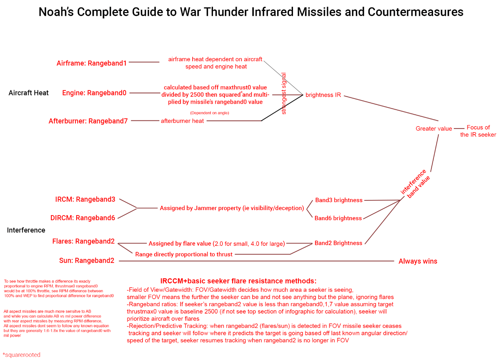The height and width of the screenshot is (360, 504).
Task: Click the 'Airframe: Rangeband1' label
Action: [x=92, y=63]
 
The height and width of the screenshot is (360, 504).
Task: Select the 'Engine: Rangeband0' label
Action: [x=94, y=93]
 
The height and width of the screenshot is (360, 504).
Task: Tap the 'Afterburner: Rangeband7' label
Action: [x=88, y=121]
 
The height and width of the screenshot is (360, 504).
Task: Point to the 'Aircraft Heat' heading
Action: [x=29, y=93]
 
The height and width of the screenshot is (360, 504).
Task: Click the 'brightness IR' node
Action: [x=323, y=95]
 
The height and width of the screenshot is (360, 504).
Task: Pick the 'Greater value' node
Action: [x=433, y=128]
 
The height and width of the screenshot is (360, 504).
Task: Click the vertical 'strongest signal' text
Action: [x=284, y=93]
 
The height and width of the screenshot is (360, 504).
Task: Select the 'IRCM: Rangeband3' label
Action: [x=85, y=199]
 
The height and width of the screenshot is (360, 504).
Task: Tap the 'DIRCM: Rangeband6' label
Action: [x=83, y=218]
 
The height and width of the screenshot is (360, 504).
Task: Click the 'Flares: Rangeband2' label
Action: [x=83, y=241]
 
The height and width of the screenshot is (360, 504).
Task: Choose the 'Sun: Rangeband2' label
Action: [x=87, y=261]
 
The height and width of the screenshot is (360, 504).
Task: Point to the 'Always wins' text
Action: [x=418, y=261]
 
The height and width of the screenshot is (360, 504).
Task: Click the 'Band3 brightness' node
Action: [x=339, y=200]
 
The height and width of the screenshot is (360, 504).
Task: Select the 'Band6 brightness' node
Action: [x=338, y=218]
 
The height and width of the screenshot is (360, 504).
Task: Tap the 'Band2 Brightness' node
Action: [x=338, y=243]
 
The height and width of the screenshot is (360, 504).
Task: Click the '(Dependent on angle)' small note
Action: [x=209, y=113]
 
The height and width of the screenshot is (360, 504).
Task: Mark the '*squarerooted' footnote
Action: [x=22, y=355]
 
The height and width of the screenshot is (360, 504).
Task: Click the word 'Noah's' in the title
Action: [x=56, y=12]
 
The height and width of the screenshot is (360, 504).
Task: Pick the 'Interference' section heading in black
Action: [x=26, y=230]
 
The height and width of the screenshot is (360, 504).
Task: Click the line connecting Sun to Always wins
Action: [x=256, y=261]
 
